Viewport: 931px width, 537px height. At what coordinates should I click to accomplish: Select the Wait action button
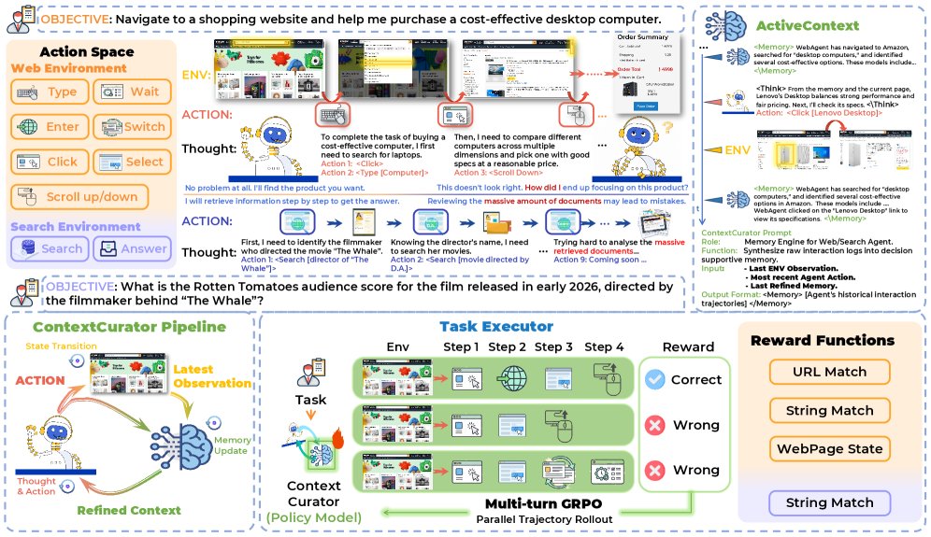[x=130, y=92]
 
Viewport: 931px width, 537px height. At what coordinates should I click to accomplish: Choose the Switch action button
[x=130, y=127]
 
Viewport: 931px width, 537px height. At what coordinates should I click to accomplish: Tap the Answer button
[x=131, y=248]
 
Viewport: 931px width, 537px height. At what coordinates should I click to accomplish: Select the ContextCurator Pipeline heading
[x=129, y=327]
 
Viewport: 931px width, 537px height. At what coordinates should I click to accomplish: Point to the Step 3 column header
[x=554, y=347]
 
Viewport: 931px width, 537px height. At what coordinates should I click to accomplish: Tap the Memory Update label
[x=232, y=445]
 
